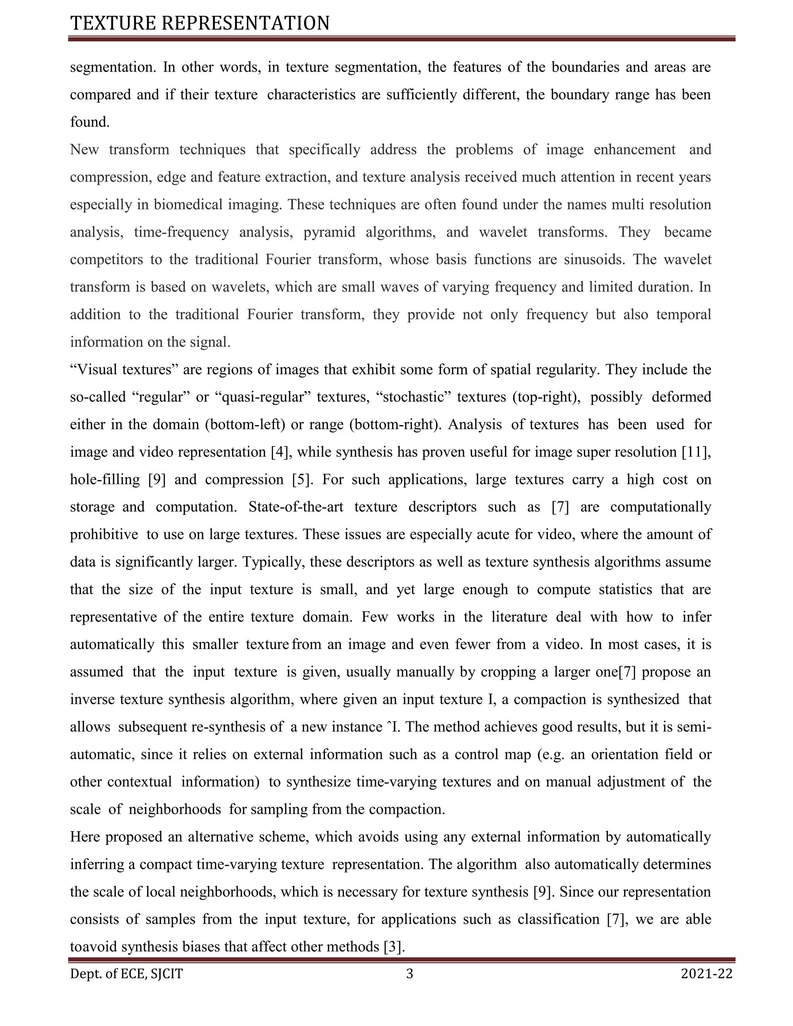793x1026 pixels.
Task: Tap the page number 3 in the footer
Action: click(x=409, y=974)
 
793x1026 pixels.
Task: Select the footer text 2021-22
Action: click(x=707, y=974)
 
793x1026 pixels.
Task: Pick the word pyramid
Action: click(x=330, y=232)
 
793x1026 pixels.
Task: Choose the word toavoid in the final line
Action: click(x=93, y=947)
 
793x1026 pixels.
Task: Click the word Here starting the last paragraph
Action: click(x=85, y=837)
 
